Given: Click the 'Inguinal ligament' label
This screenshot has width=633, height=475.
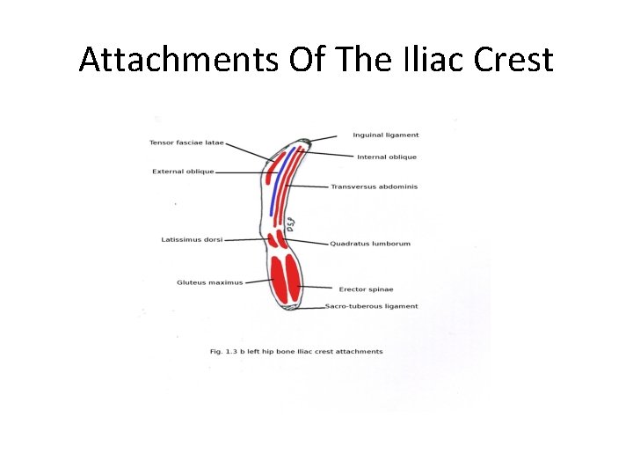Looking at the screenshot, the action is pos(385,135).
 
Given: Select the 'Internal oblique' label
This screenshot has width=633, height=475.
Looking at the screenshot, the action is pos(387,157).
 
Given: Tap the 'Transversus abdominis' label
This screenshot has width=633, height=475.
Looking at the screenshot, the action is pos(374,186).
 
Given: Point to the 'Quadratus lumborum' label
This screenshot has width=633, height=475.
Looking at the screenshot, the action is pos(369,244).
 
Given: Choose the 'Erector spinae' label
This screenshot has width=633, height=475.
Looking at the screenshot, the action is pos(366,289).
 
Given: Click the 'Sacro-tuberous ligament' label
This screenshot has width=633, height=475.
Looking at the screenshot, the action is pos(371,306).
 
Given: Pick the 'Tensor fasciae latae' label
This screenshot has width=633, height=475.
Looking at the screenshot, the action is pos(186,142).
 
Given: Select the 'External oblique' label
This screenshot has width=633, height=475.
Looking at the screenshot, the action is pos(183,172).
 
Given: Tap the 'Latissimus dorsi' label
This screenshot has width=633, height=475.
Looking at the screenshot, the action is pos(192,239).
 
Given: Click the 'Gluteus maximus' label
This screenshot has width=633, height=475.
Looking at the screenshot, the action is pos(209,282).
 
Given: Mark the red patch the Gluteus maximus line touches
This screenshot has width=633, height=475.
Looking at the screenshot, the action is pos(280,278).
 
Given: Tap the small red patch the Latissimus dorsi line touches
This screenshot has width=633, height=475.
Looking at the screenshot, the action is pos(273,239).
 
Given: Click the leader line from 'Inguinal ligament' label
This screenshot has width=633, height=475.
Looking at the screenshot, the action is pos(324,138).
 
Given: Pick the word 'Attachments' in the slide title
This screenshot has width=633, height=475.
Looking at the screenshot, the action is pos(175,60).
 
